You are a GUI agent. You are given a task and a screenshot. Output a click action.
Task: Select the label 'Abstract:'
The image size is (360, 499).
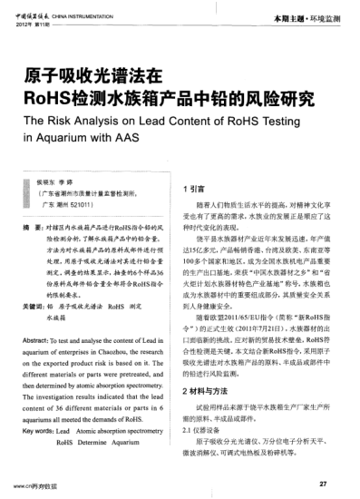pyautogui.click(x=37, y=338)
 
